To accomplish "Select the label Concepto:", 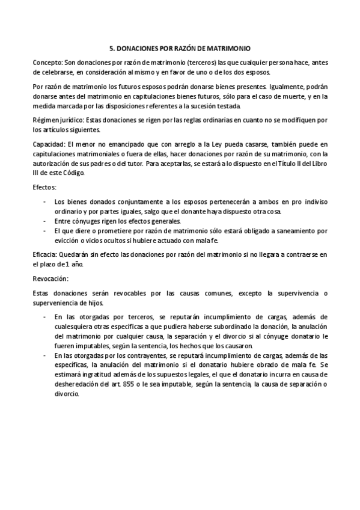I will point(47,62).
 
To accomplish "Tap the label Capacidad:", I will point(49,145).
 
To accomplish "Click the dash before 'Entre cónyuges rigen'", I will point(44,221).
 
